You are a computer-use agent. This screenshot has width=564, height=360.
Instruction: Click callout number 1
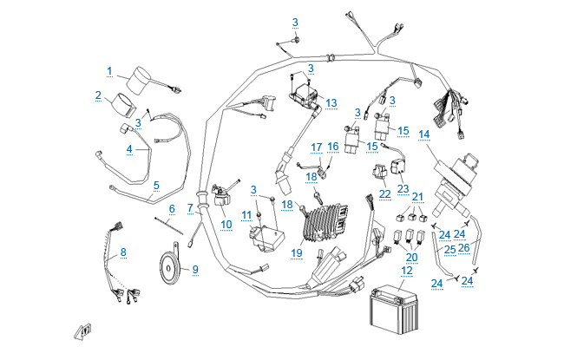point(110,70)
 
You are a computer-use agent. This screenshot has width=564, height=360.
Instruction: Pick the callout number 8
point(123,252)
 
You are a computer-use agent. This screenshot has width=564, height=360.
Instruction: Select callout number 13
point(331,102)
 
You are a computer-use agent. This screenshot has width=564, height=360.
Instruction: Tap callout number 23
point(403,188)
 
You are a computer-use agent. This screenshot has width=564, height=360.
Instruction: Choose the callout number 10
point(227,224)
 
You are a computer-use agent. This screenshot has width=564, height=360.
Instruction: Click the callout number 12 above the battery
point(407,271)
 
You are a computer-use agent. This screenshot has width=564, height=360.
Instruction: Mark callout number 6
point(172,208)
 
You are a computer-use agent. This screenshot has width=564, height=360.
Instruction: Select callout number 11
point(246,214)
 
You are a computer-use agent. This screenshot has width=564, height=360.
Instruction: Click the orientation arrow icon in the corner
point(82,331)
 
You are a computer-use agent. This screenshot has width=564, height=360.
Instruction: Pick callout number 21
point(417,197)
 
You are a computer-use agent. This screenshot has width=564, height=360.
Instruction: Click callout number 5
point(156,185)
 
